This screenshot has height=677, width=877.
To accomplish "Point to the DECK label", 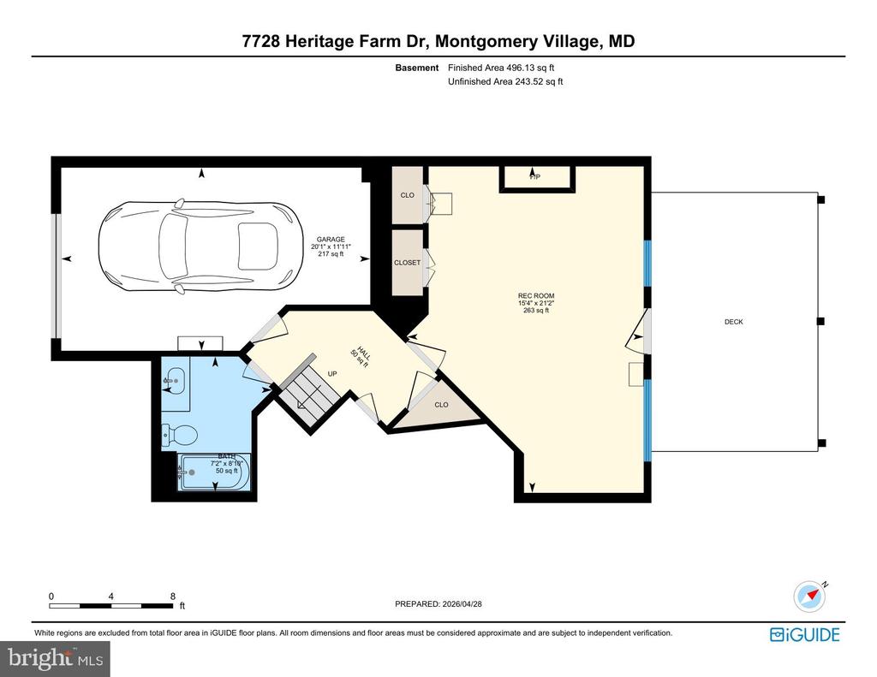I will click(733, 322).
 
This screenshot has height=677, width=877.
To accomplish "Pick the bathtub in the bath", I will click(213, 472).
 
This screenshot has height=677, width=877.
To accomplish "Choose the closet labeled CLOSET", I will click(408, 263).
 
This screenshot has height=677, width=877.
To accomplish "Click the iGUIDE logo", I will click(804, 634).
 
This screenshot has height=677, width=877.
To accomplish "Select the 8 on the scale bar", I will click(172, 596).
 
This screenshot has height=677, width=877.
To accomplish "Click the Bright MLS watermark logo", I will click(55, 658).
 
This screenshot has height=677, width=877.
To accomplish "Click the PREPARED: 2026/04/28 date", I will click(444, 603).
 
